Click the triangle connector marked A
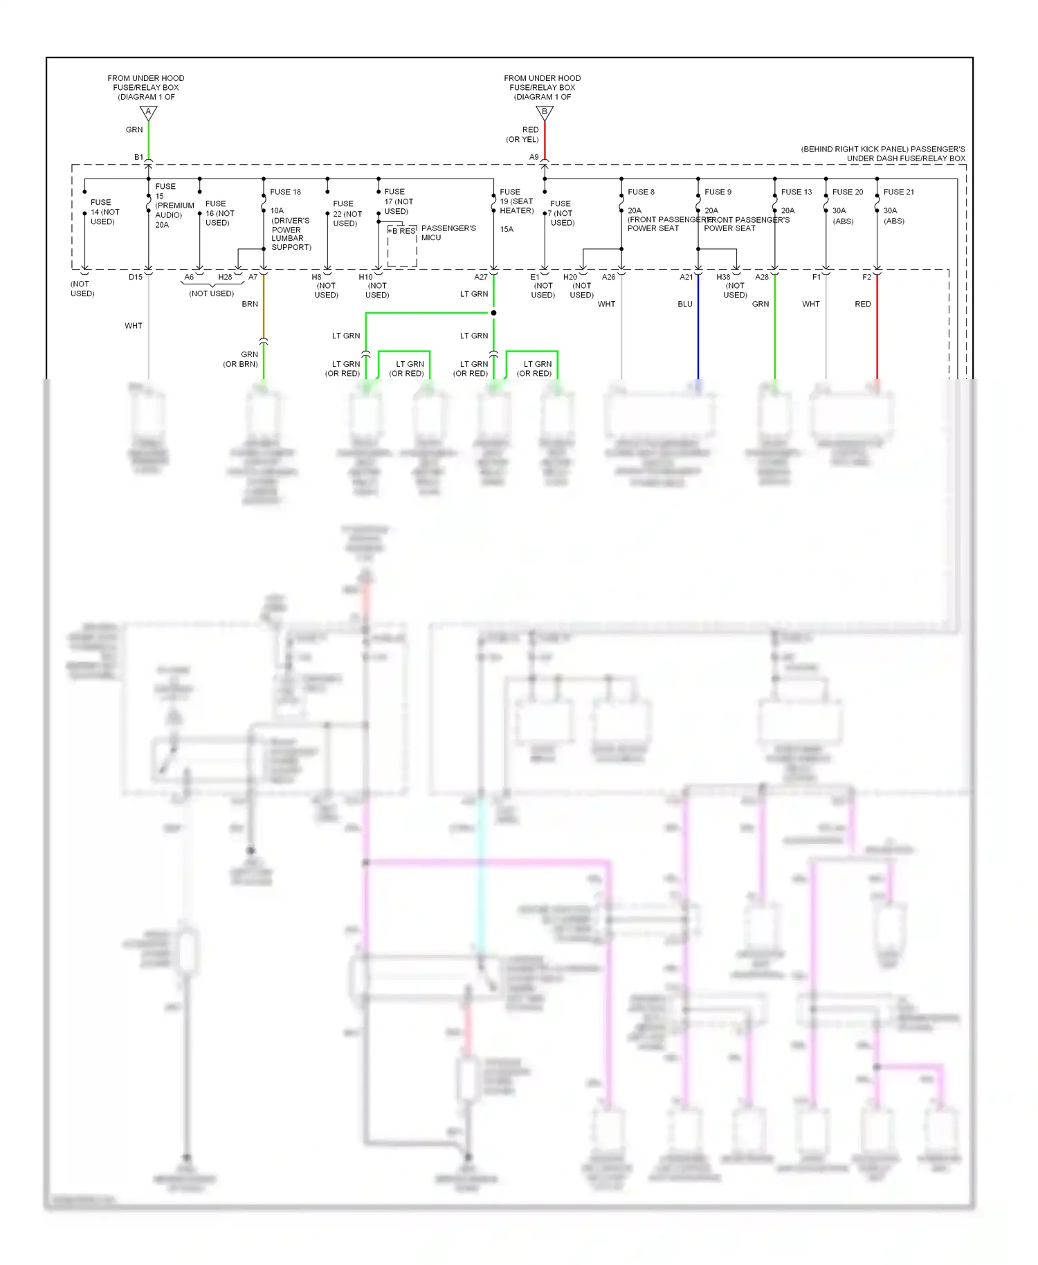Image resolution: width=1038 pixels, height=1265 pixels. (x=148, y=112)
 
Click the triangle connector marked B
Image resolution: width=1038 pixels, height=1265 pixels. (x=545, y=112)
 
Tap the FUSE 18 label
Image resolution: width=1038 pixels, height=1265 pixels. (x=285, y=192)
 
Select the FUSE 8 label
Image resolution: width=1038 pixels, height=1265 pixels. (x=641, y=192)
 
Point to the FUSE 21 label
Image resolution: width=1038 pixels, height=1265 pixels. (x=898, y=192)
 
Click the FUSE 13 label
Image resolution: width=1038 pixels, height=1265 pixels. (x=796, y=192)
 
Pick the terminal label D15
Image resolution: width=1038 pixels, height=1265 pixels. (x=136, y=277)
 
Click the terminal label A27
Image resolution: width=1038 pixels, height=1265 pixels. (x=481, y=277)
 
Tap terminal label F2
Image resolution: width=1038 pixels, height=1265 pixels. (x=866, y=277)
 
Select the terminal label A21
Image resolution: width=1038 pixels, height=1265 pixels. (x=686, y=277)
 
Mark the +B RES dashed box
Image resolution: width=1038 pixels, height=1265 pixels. (x=402, y=246)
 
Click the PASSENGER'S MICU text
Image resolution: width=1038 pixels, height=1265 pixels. (x=448, y=233)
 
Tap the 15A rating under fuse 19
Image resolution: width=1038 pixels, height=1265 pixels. (x=507, y=229)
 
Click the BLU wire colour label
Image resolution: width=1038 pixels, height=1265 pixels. (x=684, y=304)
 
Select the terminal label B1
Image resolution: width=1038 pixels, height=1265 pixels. (x=138, y=157)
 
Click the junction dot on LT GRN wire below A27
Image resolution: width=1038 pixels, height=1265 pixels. (x=493, y=313)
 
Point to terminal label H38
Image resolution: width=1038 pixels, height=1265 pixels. (x=723, y=277)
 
